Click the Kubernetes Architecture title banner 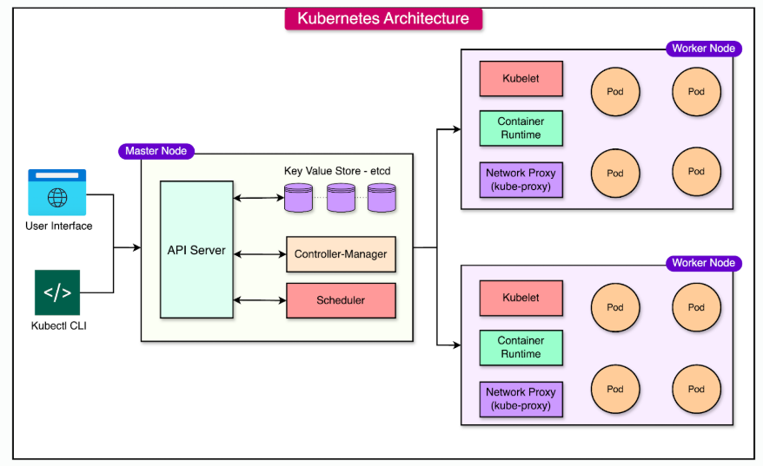click(x=383, y=19)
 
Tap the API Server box click(x=196, y=250)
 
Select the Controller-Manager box click(x=341, y=254)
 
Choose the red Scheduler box click(x=341, y=300)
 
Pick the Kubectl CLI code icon click(x=57, y=292)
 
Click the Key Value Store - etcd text click(x=337, y=171)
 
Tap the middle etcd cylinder click(x=341, y=198)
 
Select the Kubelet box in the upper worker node click(x=521, y=78)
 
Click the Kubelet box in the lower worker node click(x=521, y=298)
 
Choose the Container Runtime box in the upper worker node click(x=521, y=128)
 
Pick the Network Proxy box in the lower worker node click(x=521, y=398)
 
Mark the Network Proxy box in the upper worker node click(x=521, y=179)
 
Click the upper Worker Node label click(x=703, y=49)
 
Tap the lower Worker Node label click(x=703, y=263)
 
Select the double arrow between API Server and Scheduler click(x=260, y=300)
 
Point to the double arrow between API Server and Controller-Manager click(x=260, y=254)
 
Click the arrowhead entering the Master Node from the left click(x=136, y=248)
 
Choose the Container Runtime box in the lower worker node click(x=521, y=347)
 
